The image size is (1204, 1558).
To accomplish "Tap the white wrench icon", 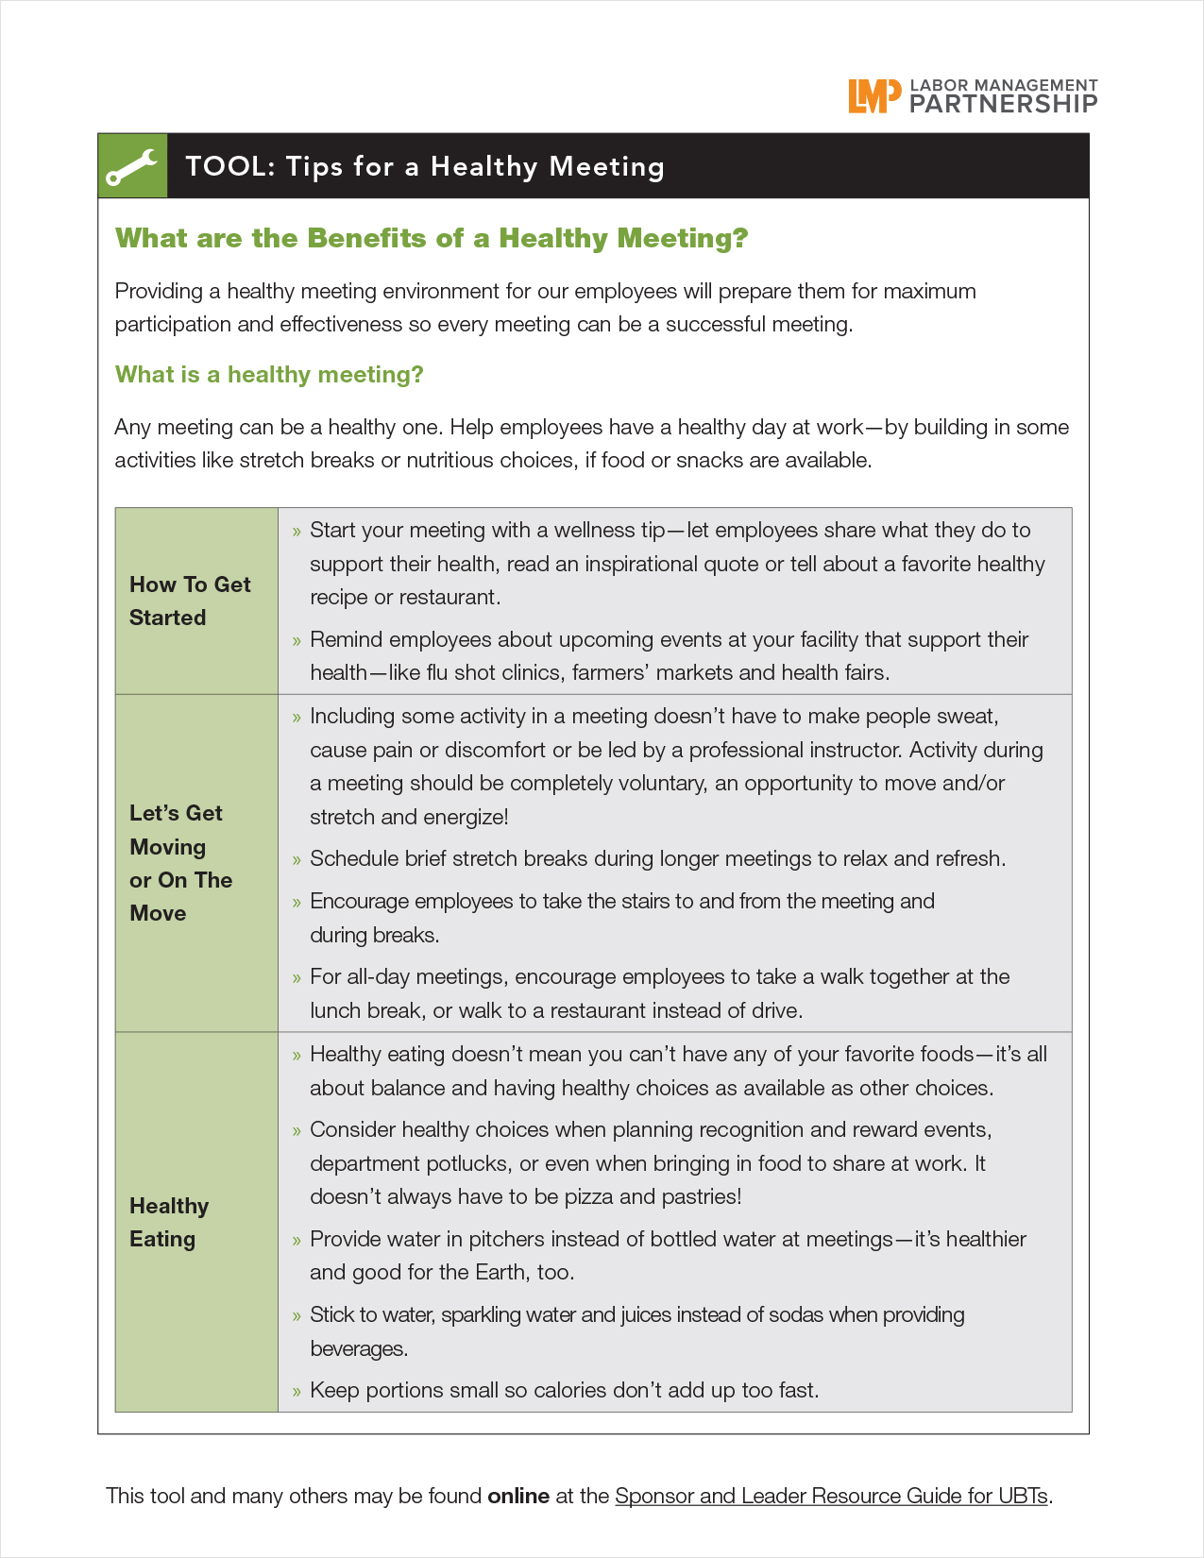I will click(x=132, y=166).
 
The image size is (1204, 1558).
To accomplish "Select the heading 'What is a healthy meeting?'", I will click(x=269, y=375).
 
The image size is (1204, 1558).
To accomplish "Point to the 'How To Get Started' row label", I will click(x=190, y=601).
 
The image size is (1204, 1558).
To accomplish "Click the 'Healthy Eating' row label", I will click(x=169, y=1222).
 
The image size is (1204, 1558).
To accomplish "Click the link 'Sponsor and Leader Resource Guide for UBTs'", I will click(x=831, y=1496).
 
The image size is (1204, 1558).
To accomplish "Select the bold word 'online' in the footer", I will click(x=518, y=1496).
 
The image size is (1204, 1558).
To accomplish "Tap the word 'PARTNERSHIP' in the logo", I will click(x=1003, y=104).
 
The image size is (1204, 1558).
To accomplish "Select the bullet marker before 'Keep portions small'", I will click(x=297, y=1391).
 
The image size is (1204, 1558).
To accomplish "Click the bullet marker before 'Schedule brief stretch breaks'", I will click(x=297, y=859).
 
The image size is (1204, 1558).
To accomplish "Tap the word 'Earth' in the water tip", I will click(x=501, y=1272).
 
